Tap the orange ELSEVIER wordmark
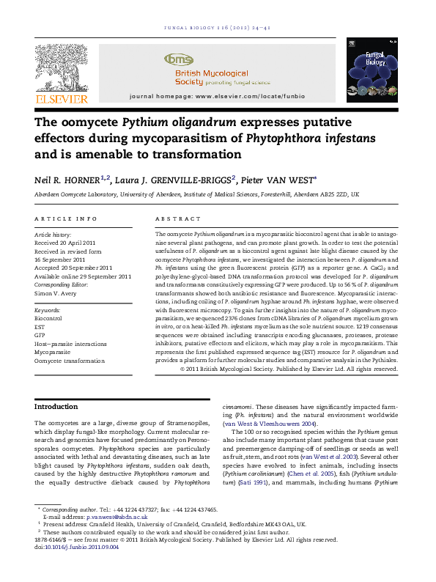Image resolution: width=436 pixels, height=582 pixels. point(62,99)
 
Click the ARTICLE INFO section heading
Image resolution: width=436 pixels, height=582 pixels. point(66,219)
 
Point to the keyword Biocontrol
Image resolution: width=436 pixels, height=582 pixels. point(48,320)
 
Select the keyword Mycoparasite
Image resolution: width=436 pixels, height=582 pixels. point(53,352)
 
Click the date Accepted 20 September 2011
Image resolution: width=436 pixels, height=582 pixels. point(73,268)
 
